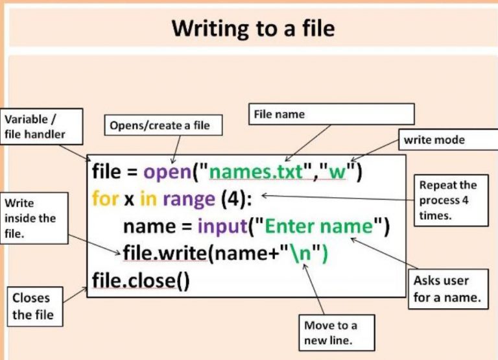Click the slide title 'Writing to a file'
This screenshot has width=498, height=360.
[x=253, y=29]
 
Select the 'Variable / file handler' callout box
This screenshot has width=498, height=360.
[x=42, y=127]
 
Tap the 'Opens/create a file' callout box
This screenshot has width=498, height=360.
[x=163, y=125]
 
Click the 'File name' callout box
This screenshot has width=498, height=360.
[x=331, y=114]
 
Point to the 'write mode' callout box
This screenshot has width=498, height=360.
[x=443, y=139]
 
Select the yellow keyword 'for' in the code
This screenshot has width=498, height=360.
[x=105, y=198]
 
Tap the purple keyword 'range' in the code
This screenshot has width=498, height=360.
[x=188, y=199]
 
